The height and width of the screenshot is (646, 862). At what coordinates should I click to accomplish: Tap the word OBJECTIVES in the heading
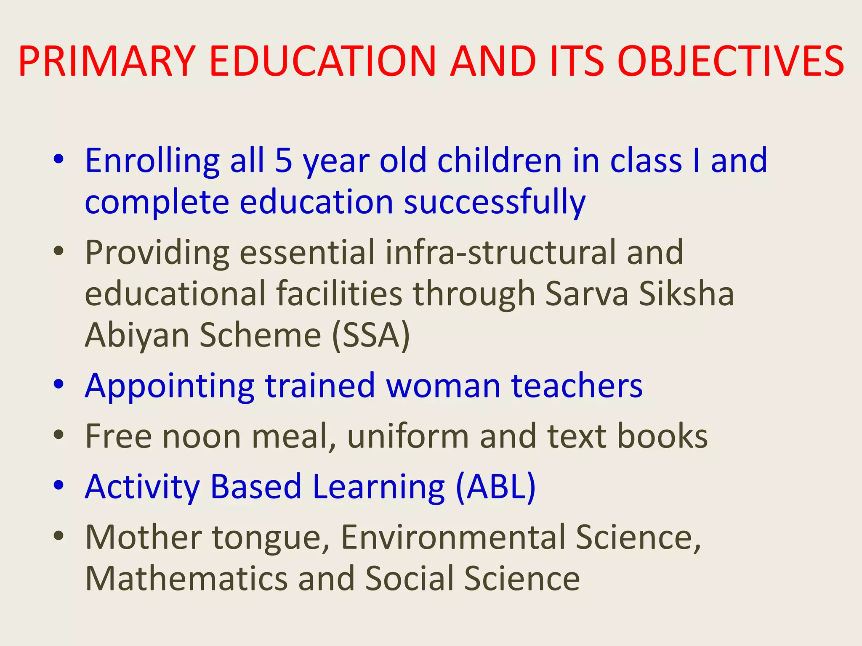731,62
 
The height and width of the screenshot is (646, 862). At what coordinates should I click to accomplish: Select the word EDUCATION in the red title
323,62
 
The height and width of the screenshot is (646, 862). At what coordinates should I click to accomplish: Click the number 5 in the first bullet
284,161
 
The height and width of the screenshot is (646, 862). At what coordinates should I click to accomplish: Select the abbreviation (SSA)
371,335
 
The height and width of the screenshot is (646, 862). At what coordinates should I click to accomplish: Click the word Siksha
686,294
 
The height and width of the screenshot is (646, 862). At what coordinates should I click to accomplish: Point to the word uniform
407,436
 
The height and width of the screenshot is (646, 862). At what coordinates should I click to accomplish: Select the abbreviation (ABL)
496,487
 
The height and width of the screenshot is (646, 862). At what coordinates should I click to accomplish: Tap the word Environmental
452,537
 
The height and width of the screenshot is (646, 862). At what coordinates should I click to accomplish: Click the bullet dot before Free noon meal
59,435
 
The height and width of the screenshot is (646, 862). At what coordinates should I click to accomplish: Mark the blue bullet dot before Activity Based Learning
59,485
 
